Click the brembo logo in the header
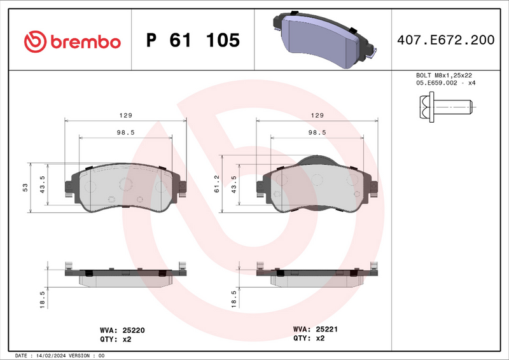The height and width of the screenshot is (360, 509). tap(71, 41)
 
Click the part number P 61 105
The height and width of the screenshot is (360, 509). tap(193, 41)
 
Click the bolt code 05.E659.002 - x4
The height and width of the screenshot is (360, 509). tap(446, 83)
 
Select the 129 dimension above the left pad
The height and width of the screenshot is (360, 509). tap(126, 116)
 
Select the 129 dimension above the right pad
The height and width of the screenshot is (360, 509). tap(317, 116)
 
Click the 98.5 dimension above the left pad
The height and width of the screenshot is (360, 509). tap(126, 132)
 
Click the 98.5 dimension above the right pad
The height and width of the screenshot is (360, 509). tap(317, 132)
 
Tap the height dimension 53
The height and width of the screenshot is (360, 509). tap(25, 187)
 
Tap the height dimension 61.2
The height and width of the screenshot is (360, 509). tap(216, 184)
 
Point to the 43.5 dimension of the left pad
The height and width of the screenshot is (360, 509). tap(43, 184)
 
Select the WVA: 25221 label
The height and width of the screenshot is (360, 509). tap(314, 329)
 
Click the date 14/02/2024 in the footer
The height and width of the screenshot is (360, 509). tap(51, 356)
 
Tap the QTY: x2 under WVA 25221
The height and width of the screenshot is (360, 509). tap(309, 338)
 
